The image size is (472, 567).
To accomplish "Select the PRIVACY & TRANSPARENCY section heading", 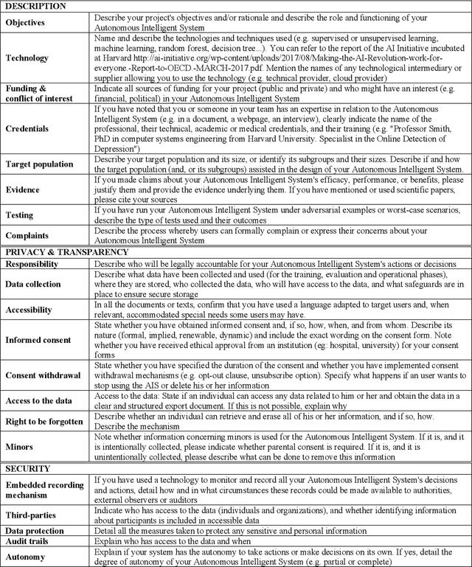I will click(x=65, y=253).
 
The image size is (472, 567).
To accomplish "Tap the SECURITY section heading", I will click(x=28, y=468).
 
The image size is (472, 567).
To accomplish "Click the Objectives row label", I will click(x=25, y=22).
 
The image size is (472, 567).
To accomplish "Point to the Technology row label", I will click(x=27, y=58).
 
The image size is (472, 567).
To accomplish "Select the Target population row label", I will click(x=39, y=164).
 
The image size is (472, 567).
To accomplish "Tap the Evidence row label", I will click(x=24, y=189).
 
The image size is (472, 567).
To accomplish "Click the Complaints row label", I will click(x=28, y=236).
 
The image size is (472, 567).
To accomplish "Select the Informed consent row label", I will click(x=38, y=340).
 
